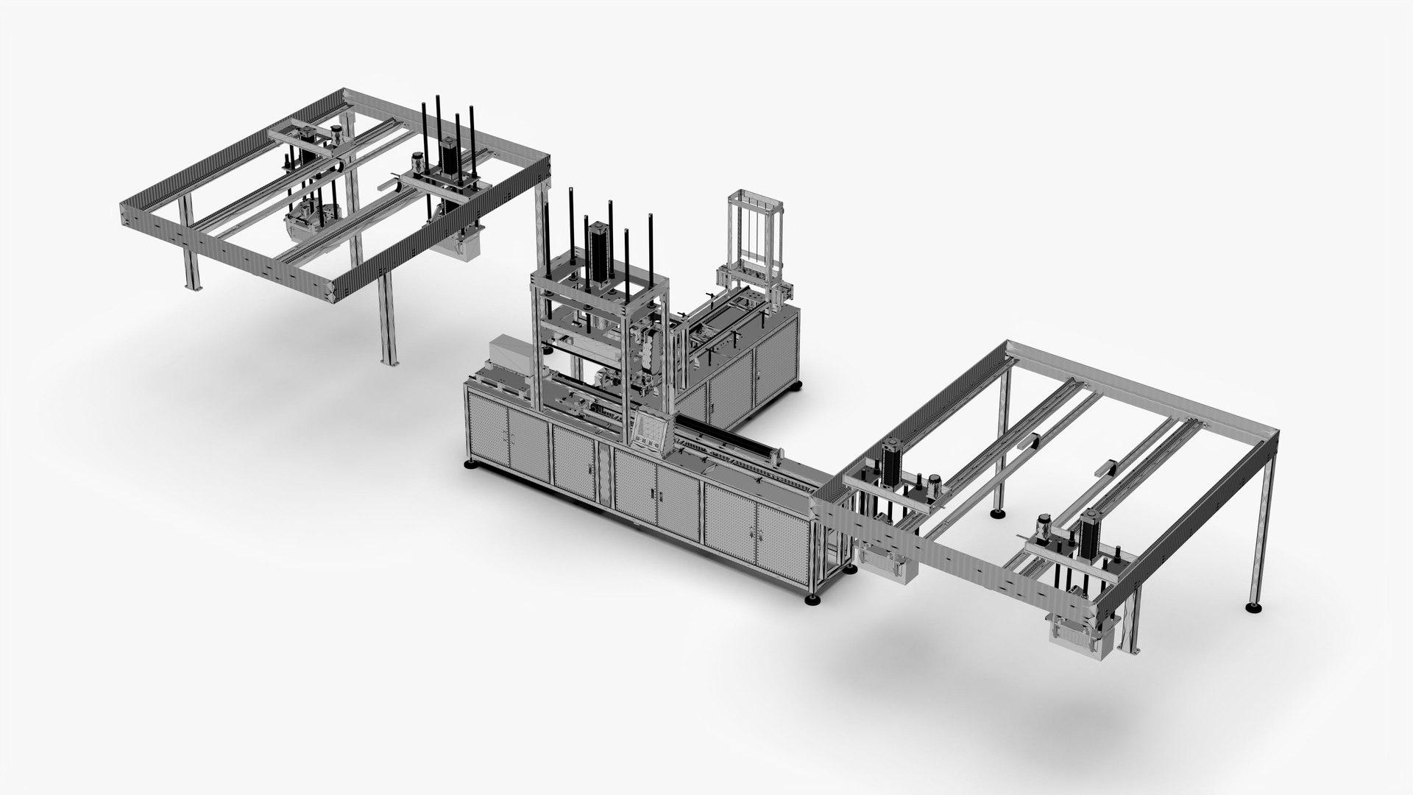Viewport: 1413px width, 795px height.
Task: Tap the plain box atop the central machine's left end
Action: tap(509, 355)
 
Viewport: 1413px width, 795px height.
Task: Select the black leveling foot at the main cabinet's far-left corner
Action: tap(469, 465)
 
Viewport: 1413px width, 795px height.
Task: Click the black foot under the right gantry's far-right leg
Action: tap(1251, 607)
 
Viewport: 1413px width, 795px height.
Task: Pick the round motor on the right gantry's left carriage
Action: tap(934, 483)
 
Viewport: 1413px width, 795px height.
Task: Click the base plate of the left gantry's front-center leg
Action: tap(388, 360)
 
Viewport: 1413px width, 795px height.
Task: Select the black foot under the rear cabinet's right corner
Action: tap(798, 386)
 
